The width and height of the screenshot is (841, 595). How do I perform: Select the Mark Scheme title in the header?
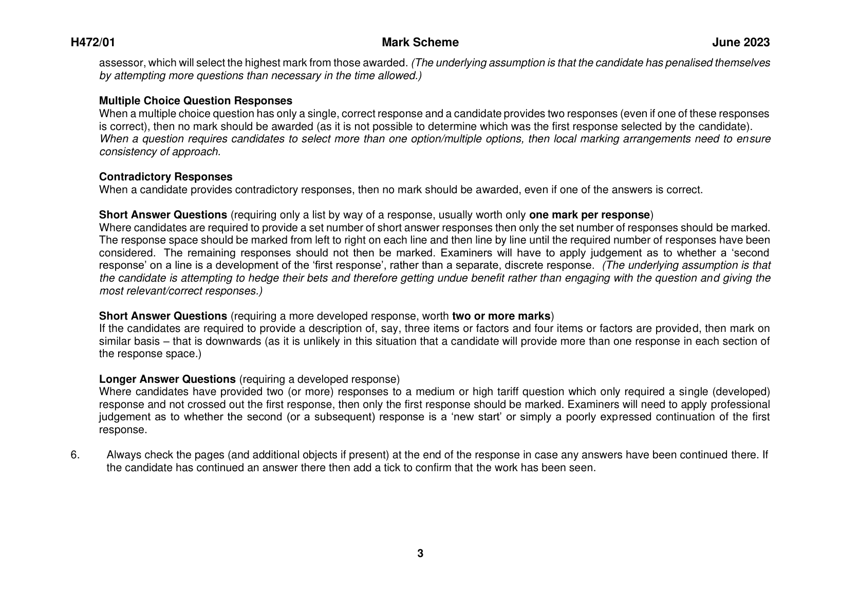click(420, 43)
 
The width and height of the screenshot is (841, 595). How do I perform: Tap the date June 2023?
click(741, 43)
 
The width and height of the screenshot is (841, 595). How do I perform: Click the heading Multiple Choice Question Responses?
click(196, 101)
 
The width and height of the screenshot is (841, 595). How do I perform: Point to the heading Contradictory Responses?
click(165, 177)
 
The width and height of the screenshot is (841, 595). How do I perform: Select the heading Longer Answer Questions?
click(167, 379)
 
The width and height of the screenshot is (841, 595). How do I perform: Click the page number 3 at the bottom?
click(420, 553)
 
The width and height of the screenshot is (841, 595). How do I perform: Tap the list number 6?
click(75, 455)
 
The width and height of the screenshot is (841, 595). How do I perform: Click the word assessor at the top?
click(121, 63)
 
